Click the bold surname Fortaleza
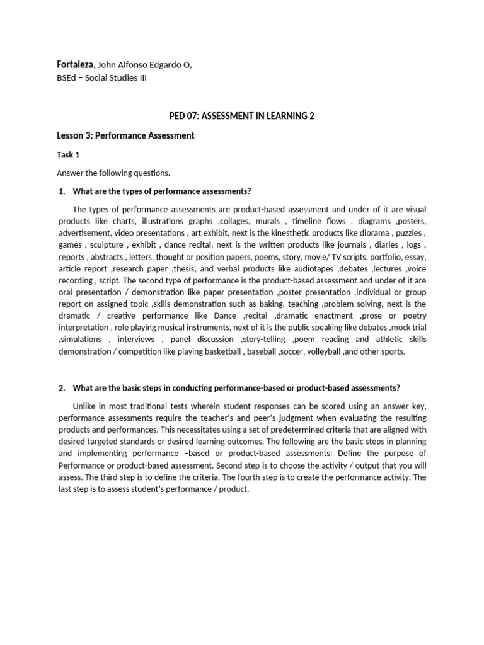[x=76, y=65]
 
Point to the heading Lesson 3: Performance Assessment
[x=126, y=135]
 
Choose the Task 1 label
[x=68, y=154]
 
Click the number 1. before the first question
[x=61, y=191]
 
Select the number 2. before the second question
[x=61, y=387]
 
